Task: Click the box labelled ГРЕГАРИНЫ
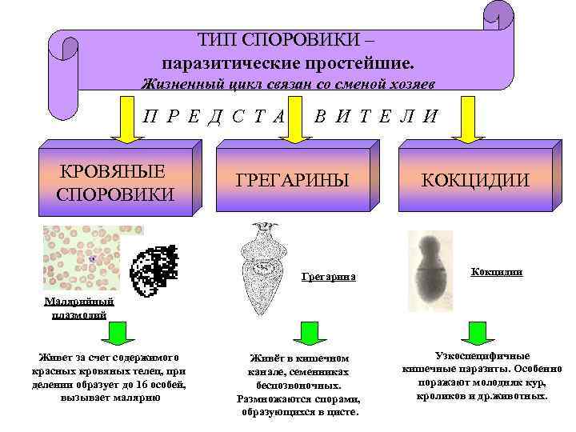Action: (292, 180)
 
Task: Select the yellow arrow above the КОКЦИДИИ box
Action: (470, 119)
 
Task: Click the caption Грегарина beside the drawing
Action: (327, 278)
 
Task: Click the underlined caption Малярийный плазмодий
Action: (79, 308)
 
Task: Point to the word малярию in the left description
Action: (139, 398)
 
